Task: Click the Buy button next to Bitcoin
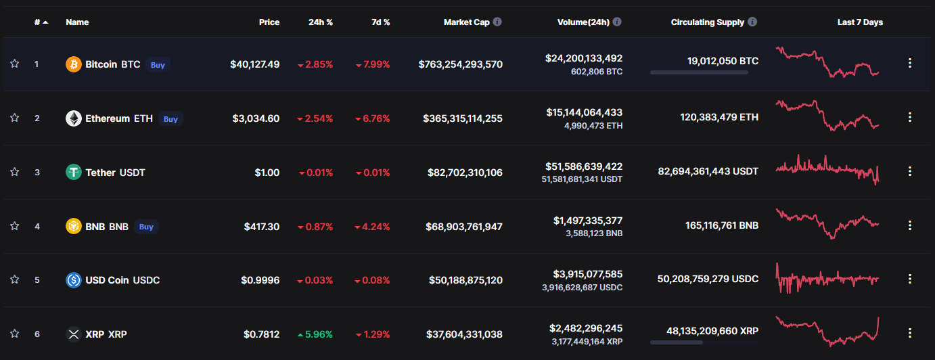coord(158,65)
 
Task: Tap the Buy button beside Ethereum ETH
coord(170,119)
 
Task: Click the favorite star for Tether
coord(15,172)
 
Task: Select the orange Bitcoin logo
coord(74,64)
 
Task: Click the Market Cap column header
coord(467,22)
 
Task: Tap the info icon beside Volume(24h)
coord(617,22)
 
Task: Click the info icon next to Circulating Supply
coord(752,22)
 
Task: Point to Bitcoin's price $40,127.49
coord(254,64)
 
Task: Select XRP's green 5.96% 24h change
coord(315,334)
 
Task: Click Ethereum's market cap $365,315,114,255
coord(463,118)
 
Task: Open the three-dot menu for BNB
coord(910,225)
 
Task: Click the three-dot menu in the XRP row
coord(910,333)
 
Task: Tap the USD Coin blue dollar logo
coord(74,280)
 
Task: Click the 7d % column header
coord(381,22)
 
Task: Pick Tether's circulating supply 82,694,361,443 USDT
coord(708,171)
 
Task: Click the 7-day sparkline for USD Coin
coord(827,279)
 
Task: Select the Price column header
coord(269,22)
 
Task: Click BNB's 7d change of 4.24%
coord(372,227)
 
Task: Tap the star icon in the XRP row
coord(15,334)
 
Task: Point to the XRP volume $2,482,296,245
coord(586,328)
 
